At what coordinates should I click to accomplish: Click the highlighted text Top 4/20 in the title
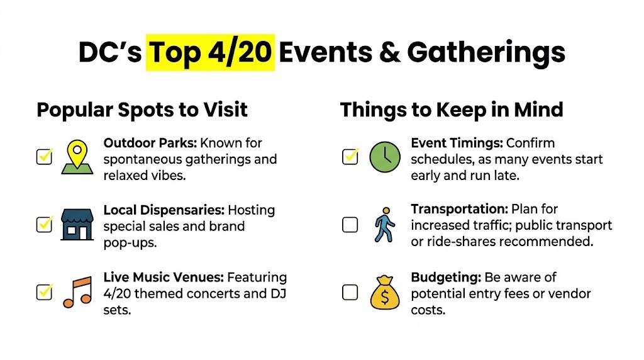point(210,53)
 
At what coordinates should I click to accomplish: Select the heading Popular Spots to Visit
point(142,110)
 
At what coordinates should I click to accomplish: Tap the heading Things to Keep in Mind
point(452,110)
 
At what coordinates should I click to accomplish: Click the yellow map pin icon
point(77,157)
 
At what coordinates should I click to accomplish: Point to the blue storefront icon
point(77,225)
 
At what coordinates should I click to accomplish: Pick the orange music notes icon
point(77,293)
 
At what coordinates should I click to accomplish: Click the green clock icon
point(384,157)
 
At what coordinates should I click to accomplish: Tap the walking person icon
point(384,225)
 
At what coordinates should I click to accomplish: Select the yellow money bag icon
point(384,293)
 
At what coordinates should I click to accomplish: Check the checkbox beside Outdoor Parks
point(44,157)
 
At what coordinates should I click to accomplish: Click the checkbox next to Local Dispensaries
point(44,224)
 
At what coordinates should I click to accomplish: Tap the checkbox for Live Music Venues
point(44,292)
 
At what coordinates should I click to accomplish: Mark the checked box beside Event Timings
point(350,157)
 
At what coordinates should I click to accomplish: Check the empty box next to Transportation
point(350,225)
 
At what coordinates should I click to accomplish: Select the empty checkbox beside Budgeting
point(350,292)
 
